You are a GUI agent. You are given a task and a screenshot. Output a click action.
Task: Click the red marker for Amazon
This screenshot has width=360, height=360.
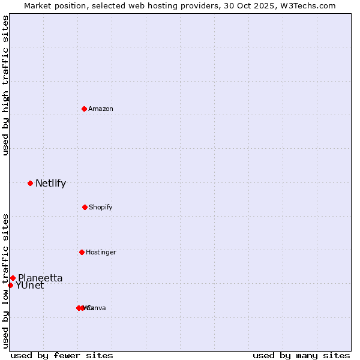[x=85, y=109]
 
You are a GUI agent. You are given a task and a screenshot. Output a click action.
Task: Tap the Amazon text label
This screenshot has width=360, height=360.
[x=101, y=109]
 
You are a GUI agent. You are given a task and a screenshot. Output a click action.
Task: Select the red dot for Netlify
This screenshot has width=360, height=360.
[x=30, y=183]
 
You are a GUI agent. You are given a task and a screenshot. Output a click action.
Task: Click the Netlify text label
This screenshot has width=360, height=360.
[x=50, y=184]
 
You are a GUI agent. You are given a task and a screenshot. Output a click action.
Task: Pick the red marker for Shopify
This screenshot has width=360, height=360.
[x=85, y=207]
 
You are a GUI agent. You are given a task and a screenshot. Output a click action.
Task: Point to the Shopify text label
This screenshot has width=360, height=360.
[x=101, y=208]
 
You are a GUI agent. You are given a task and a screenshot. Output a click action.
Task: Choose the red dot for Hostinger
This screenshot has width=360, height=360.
[x=82, y=252]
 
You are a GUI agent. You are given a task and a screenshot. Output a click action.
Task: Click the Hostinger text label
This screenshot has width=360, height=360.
[x=101, y=253]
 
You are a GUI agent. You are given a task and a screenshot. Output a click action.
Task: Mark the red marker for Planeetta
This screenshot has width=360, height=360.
[x=13, y=278]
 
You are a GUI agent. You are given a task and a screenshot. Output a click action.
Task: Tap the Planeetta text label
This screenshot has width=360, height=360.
[x=40, y=278]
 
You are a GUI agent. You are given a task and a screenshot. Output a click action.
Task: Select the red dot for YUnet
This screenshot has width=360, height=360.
[x=10, y=285]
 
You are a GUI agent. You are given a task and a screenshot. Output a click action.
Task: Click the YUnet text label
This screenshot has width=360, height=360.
[x=30, y=286]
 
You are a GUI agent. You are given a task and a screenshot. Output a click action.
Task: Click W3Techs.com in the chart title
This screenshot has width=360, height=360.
[x=308, y=6]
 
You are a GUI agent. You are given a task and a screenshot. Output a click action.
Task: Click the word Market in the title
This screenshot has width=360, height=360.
[x=38, y=6]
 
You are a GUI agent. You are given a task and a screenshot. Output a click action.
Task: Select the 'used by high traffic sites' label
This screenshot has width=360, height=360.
[x=6, y=85]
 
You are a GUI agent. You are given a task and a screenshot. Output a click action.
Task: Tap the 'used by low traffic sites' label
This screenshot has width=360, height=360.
[x=6, y=280]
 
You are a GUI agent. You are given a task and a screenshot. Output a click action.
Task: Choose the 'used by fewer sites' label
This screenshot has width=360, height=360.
[x=62, y=355]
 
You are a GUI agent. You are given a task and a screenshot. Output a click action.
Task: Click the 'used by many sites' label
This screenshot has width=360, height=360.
[x=301, y=355]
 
